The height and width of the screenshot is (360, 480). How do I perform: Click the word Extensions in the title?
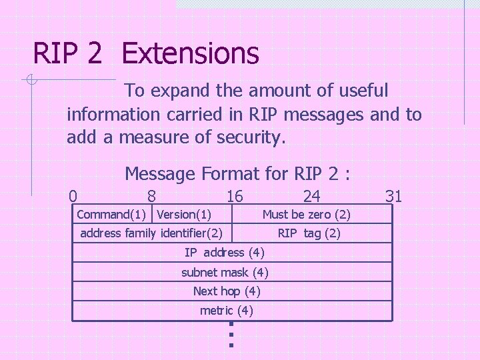point(191,53)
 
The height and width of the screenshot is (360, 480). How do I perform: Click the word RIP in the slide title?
point(58,53)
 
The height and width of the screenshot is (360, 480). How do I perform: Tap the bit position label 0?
point(73,196)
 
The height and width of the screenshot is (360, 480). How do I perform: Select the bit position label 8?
point(152,196)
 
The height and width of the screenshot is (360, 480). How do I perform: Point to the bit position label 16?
point(235,196)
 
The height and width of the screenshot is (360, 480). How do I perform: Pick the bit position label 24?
point(311,196)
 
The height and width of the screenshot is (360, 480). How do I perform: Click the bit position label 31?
point(393,196)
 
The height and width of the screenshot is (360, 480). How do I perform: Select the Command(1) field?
point(112,215)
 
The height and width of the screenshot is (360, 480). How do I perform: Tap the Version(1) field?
point(184,215)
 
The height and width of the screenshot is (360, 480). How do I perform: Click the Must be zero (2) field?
point(306,215)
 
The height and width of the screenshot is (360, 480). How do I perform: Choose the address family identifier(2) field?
point(151,233)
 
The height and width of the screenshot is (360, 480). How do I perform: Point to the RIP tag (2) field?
point(309,233)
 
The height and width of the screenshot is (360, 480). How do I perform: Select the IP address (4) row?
point(224,253)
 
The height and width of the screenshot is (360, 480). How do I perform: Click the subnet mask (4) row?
point(225,272)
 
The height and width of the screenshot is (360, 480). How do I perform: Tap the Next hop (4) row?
point(226,291)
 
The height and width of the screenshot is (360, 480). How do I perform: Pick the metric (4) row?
point(226,311)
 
